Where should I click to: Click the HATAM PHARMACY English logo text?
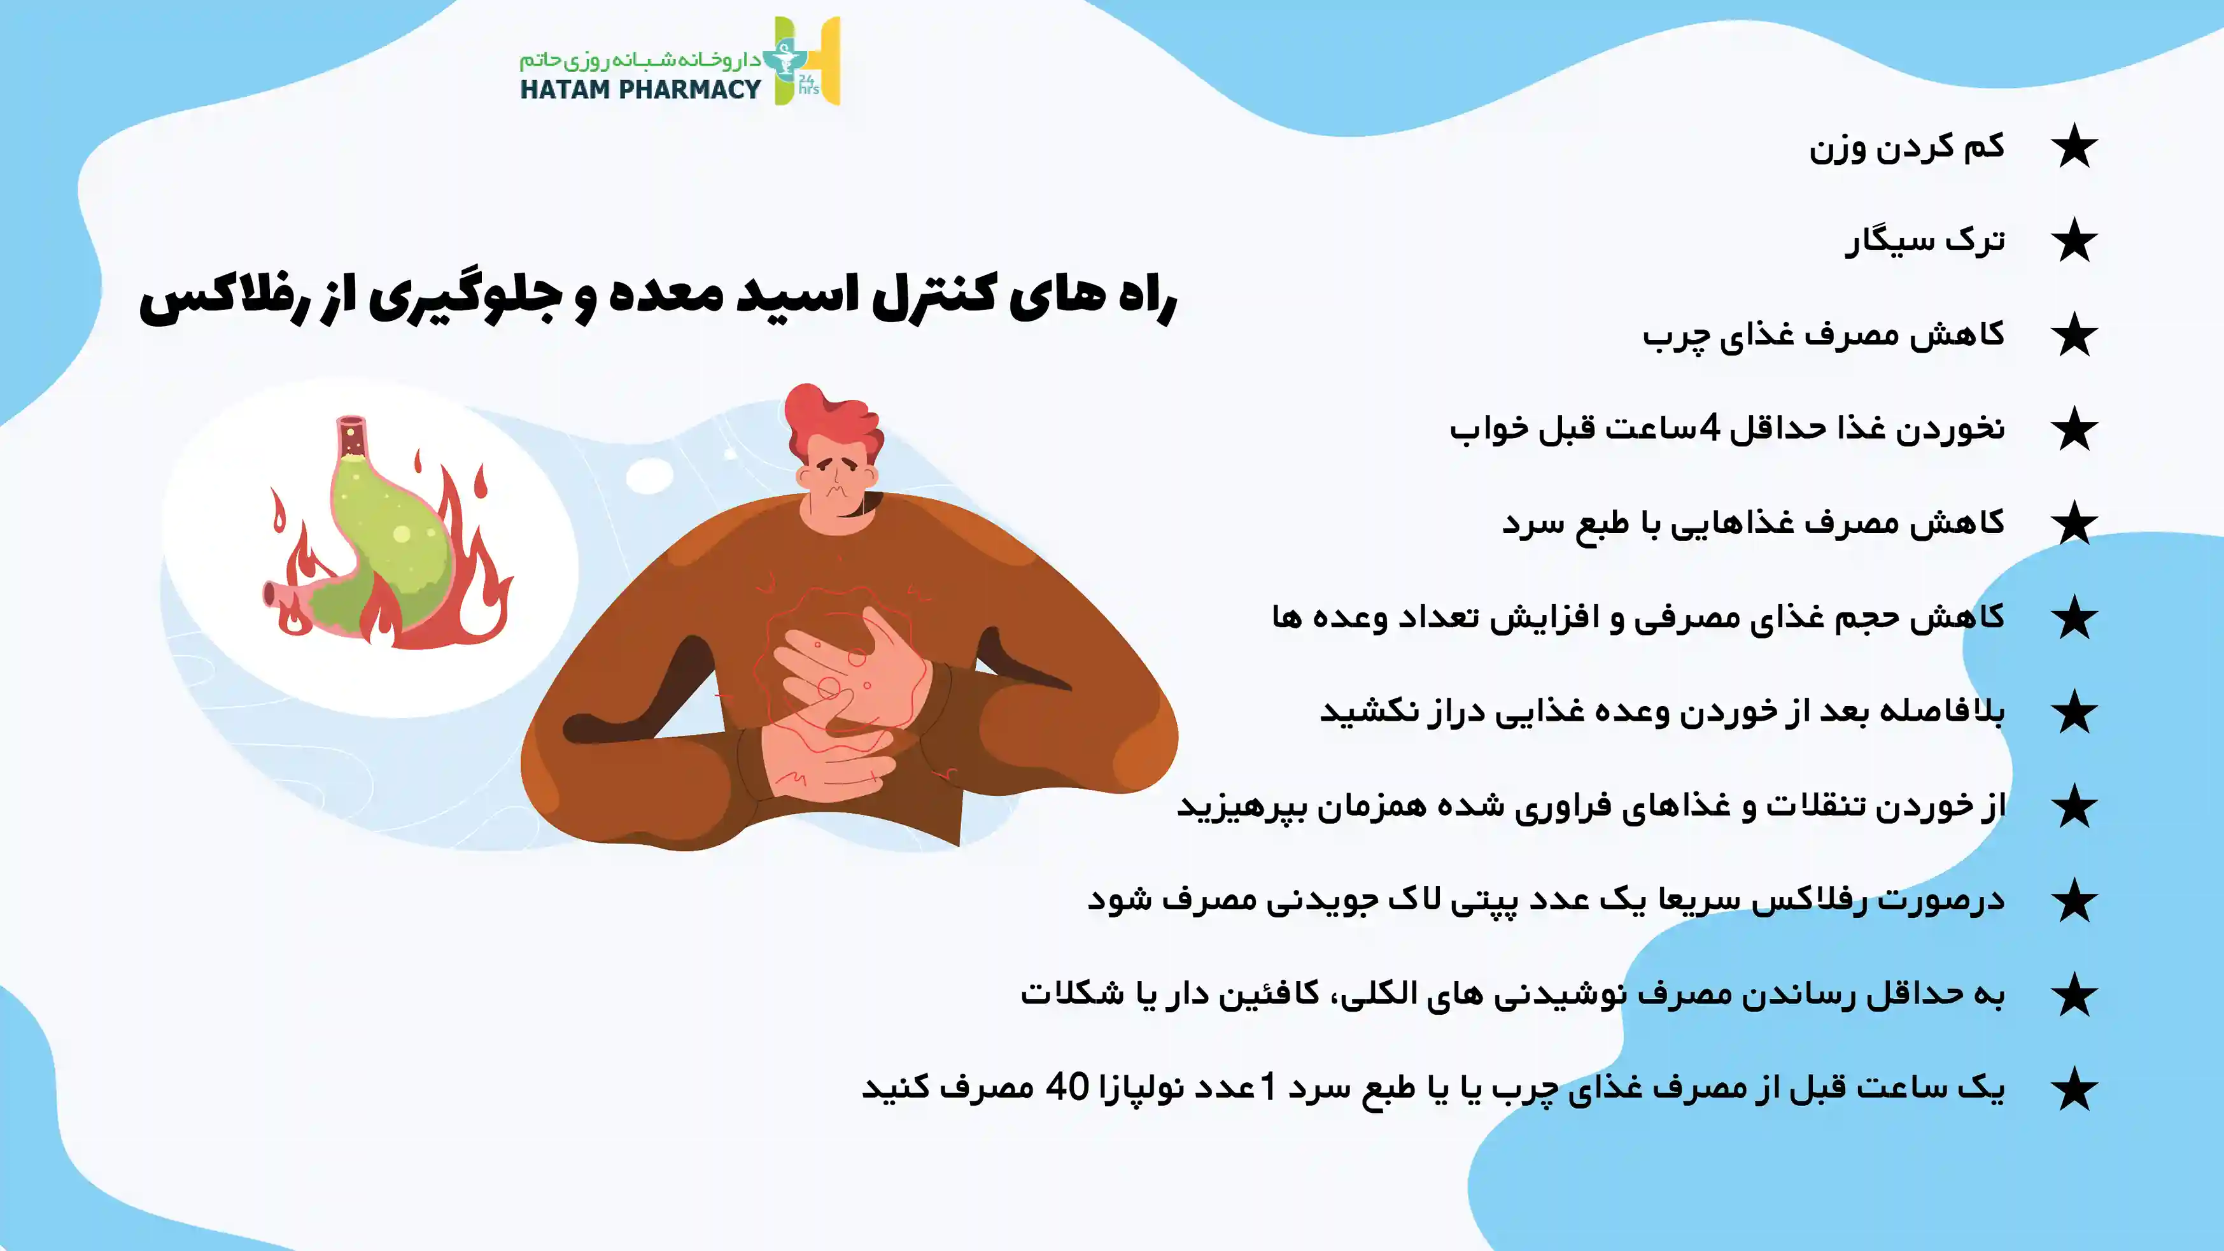(640, 89)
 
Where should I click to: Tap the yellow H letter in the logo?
(820, 60)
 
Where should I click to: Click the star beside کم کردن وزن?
(2074, 147)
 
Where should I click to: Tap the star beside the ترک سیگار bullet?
(2074, 241)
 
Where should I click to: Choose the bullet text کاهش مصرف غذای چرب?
(1824, 335)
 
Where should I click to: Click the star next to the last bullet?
(2074, 1089)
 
